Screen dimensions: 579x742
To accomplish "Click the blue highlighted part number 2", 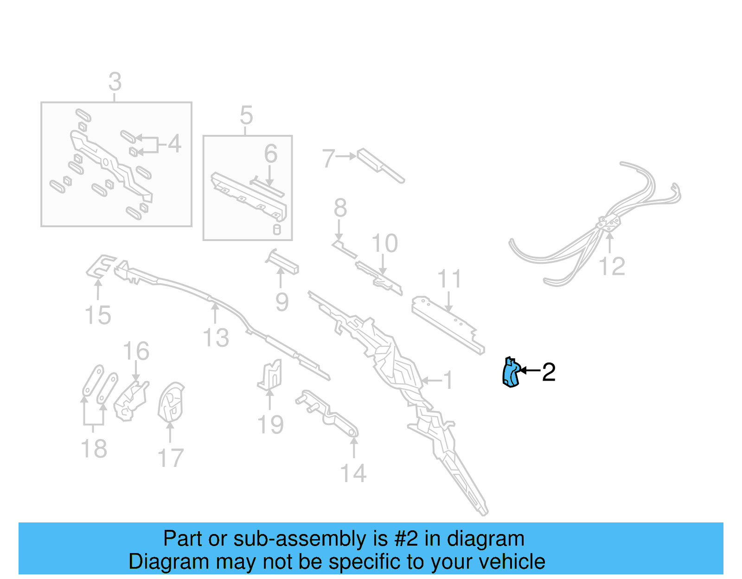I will (x=511, y=373).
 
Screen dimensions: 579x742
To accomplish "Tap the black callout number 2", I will (x=549, y=372).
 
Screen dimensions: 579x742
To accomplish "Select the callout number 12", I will (x=612, y=267).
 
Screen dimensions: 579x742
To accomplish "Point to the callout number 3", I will (x=115, y=82).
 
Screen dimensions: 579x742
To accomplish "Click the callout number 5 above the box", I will (x=246, y=115).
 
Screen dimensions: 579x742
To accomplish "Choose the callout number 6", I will (x=271, y=154).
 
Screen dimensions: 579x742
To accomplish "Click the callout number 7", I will (x=328, y=158).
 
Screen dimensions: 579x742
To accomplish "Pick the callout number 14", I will (x=353, y=473).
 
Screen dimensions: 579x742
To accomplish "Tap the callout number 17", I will (x=171, y=458).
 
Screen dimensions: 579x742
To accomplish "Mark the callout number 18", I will (x=94, y=449).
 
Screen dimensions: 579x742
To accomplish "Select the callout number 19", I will (x=270, y=425).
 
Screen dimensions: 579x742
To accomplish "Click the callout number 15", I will (x=98, y=315).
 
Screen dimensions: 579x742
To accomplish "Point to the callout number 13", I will (x=216, y=337).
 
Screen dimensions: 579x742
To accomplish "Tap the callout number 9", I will (x=282, y=302).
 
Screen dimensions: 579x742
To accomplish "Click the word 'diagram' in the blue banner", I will (x=486, y=539).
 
